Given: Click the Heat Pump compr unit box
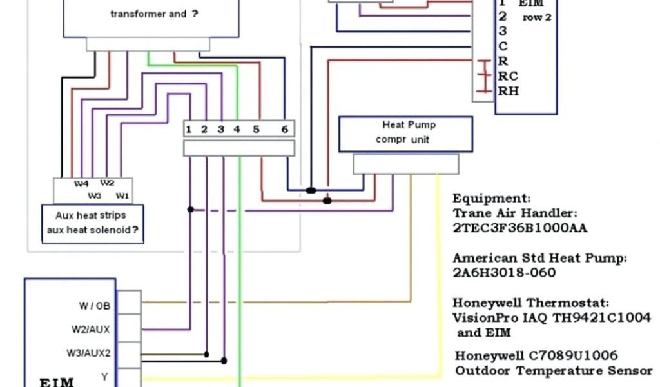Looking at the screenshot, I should coord(405,133).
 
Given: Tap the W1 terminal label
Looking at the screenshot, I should coord(121,195).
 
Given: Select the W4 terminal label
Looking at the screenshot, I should coord(81,184).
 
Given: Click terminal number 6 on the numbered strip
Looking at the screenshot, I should coord(284,129).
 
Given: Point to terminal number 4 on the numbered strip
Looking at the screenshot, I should coord(237,129).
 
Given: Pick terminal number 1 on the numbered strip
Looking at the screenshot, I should coord(189,129).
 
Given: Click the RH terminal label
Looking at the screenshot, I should coord(508,91).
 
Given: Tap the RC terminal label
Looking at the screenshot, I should coord(508,76).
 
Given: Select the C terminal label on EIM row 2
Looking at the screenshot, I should coord(503,46).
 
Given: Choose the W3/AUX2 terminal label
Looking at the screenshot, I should coord(88,353).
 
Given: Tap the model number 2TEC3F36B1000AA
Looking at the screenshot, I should coord(519,228).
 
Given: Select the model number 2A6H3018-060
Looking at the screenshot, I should coord(504,272).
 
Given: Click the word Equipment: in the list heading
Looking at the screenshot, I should coord(492,198).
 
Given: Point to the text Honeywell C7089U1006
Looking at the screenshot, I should coord(536,355).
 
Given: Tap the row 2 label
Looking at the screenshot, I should coord(537,17).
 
